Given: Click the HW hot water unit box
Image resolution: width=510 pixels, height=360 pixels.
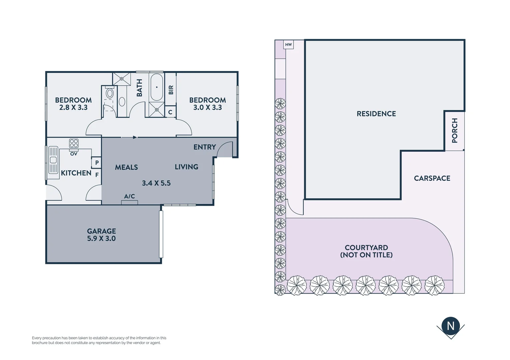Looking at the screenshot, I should pos(289,45).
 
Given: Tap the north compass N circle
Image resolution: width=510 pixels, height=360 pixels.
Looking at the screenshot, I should pos(451,326).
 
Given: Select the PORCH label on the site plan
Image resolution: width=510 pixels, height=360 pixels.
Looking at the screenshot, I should pos(455,130).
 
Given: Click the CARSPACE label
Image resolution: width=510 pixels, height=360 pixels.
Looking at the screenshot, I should pos(432,178).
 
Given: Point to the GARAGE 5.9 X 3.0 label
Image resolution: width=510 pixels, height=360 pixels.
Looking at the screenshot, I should pos(101,235).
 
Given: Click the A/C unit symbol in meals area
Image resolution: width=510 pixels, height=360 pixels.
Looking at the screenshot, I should pos(129,202).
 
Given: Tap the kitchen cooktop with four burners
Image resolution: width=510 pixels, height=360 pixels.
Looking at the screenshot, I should pos(74,144).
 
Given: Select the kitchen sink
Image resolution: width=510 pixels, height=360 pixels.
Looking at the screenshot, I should pos(53,160).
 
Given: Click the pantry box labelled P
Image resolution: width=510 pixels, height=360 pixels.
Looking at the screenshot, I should pos(97,163).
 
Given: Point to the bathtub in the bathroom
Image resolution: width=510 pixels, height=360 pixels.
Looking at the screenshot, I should pos(156,87).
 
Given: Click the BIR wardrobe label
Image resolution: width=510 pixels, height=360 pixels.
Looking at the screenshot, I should pos(171,90).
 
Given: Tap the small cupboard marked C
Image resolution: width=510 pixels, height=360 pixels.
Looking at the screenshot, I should pos(170,112).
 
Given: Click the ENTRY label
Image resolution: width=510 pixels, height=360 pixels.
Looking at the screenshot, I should pos(204,147).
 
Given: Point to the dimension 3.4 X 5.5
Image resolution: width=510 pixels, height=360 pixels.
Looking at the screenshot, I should pos(156,183).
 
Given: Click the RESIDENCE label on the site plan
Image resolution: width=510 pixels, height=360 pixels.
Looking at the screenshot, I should pos(376,114).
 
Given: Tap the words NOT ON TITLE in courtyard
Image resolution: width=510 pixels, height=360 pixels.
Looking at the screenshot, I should pos(366,255).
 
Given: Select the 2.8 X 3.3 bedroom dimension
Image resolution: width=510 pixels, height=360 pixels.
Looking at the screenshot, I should pos(73,107).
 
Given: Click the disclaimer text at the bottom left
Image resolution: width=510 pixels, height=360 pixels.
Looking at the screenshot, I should pos(99,340).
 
